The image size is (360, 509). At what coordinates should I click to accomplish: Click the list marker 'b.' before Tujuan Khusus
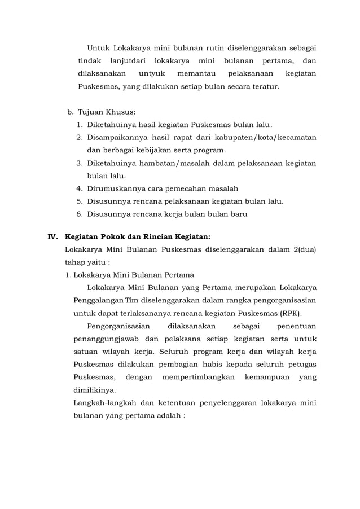[71, 112]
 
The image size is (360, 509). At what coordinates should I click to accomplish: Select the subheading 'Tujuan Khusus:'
[107, 112]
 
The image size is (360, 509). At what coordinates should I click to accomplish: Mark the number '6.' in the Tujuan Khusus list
[80, 214]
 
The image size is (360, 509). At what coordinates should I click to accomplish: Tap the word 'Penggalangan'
[99, 300]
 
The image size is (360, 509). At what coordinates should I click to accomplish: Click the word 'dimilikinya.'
[95, 390]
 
